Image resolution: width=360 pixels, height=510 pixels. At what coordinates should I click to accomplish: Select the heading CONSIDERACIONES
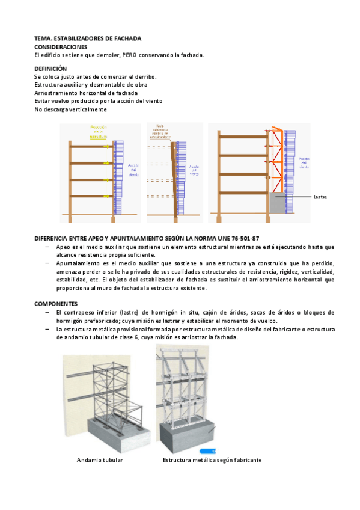pos(61,46)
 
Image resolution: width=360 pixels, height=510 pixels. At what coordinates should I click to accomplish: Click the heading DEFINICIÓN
pos(50,69)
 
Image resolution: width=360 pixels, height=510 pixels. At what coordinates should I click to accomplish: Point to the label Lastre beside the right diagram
pos(320,197)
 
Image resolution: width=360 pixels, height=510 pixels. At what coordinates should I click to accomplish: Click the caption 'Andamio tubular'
pos(100,460)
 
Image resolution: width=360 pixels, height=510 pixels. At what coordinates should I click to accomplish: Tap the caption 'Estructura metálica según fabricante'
pos(212,460)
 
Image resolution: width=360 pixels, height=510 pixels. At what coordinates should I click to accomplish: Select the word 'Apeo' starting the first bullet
pos(63,247)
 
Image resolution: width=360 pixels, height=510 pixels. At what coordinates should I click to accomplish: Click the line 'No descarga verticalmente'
pos(70,109)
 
